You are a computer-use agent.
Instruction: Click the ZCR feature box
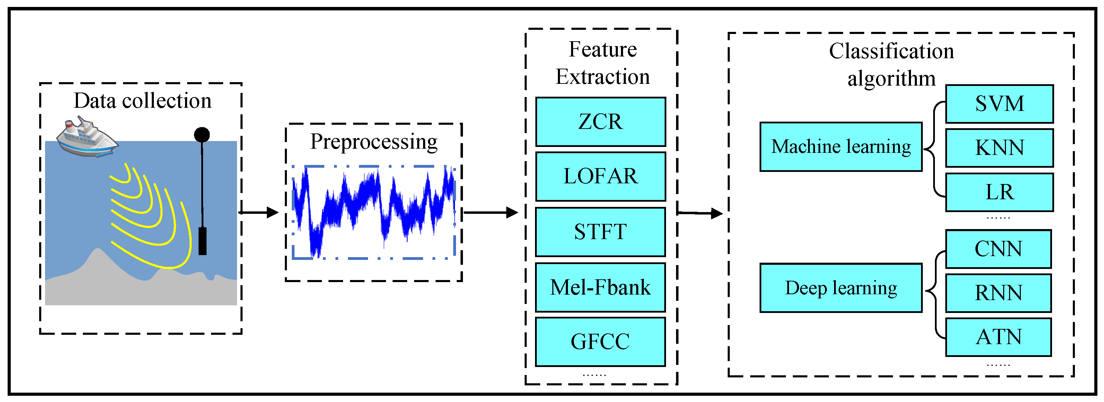600,122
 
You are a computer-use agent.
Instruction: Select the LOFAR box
600,176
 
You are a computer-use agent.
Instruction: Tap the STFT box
600,232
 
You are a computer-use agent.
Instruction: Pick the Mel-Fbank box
600,287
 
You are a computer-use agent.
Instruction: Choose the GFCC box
600,342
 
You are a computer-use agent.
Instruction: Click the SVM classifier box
999,104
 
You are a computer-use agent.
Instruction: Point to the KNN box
999,148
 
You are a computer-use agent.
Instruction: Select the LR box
999,192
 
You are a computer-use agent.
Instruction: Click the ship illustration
87,138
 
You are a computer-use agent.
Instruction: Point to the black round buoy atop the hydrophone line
202,134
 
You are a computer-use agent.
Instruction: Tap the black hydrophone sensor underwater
203,241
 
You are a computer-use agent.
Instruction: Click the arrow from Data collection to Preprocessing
259,212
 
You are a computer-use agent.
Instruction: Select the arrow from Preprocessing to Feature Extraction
491,212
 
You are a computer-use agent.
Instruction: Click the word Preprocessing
373,141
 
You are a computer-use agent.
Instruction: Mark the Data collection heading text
142,101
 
